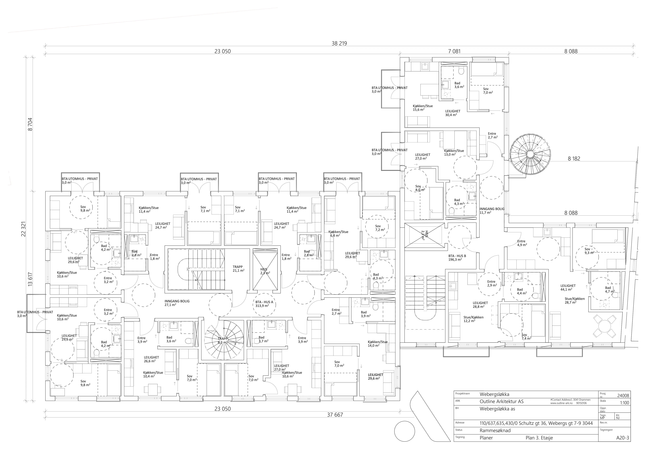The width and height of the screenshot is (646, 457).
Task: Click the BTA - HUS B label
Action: pyautogui.click(x=457, y=256)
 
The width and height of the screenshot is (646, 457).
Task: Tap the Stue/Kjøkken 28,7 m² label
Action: pyautogui.click(x=571, y=301)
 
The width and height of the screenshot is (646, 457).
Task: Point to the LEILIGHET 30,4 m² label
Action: pyautogui.click(x=453, y=113)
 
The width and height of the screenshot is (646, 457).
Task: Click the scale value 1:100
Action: pyautogui.click(x=624, y=403)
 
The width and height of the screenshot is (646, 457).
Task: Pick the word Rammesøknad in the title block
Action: pyautogui.click(x=495, y=431)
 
